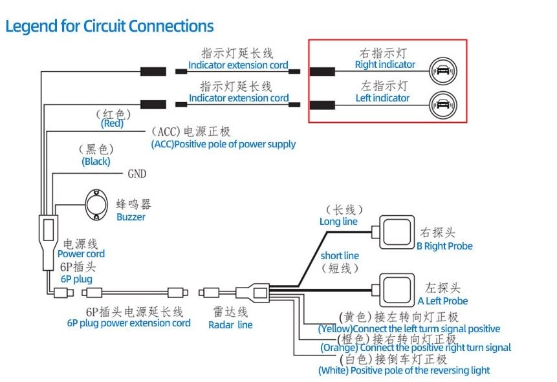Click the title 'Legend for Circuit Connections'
(109, 27)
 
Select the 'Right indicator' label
(385, 65)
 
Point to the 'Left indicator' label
(382, 98)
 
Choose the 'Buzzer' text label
(131, 217)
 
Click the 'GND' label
(137, 174)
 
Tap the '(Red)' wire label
(112, 123)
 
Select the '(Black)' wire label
(96, 162)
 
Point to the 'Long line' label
(338, 222)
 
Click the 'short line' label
(340, 256)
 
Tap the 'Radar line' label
(230, 325)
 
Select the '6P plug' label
(76, 279)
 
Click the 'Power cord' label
(81, 254)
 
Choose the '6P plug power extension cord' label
(129, 323)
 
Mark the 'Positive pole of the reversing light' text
(404, 370)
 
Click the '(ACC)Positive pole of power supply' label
(223, 144)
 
